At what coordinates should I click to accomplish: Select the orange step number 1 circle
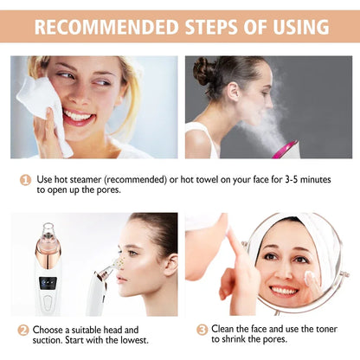pyautogui.click(x=26, y=179)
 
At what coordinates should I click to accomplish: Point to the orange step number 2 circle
pyautogui.click(x=23, y=330)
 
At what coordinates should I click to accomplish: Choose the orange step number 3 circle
pyautogui.click(x=202, y=330)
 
